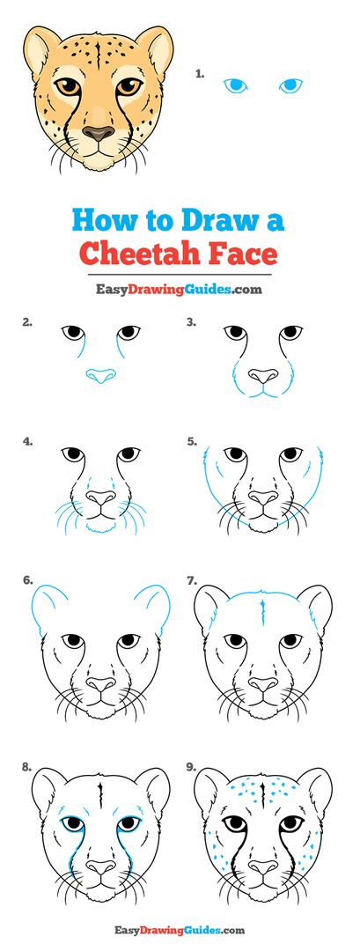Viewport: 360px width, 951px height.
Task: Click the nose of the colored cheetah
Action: (99, 134)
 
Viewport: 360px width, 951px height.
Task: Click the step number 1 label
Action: (200, 75)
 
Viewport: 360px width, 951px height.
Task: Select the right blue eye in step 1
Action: (290, 85)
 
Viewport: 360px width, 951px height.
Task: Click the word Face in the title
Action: (244, 254)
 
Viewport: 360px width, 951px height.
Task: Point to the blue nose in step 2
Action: (101, 376)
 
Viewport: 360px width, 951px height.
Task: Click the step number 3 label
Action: (190, 322)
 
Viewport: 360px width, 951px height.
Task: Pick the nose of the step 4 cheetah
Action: (101, 499)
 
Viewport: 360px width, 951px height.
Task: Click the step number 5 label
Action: (190, 442)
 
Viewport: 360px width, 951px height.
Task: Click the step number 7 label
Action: (190, 581)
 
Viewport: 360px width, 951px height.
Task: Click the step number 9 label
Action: (190, 767)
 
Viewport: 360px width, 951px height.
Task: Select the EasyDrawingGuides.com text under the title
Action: (180, 288)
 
